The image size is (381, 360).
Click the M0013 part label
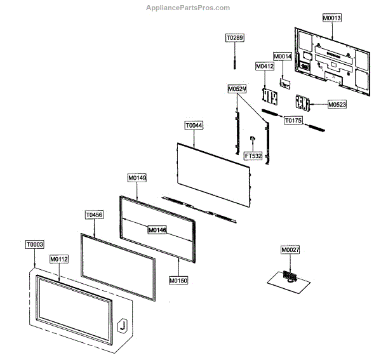coord(331,18)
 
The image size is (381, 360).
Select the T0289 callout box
coord(235,39)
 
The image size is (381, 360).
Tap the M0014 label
coord(283,57)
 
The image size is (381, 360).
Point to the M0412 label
coord(264,66)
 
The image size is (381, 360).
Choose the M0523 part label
coord(337,104)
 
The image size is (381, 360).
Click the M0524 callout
coord(237,89)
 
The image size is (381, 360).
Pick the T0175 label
coord(293,119)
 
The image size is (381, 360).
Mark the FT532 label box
coord(253,155)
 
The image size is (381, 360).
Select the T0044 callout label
coord(194,126)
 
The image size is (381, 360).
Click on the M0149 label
coord(137,178)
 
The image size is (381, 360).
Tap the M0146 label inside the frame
coord(157,230)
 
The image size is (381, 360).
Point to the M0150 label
coord(178,280)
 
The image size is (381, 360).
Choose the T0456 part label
coord(94,215)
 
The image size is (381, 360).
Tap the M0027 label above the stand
coord(290,250)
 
